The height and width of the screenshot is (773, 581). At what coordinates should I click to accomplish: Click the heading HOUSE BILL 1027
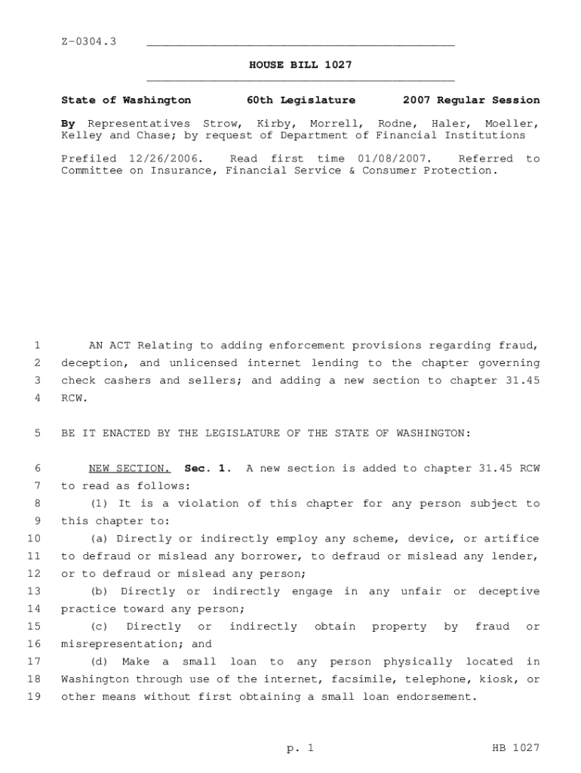(300, 65)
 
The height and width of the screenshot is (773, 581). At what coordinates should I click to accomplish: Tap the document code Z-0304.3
(88, 41)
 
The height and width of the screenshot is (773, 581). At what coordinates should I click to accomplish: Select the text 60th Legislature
(300, 100)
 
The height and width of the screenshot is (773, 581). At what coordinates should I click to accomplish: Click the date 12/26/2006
(166, 159)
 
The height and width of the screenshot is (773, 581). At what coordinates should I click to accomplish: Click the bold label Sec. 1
(207, 468)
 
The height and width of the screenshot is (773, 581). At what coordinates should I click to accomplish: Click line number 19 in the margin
(33, 697)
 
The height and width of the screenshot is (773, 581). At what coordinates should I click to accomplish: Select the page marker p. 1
(300, 748)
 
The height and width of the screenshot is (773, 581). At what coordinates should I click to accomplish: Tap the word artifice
(512, 538)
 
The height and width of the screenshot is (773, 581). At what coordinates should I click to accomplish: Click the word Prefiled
(88, 159)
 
